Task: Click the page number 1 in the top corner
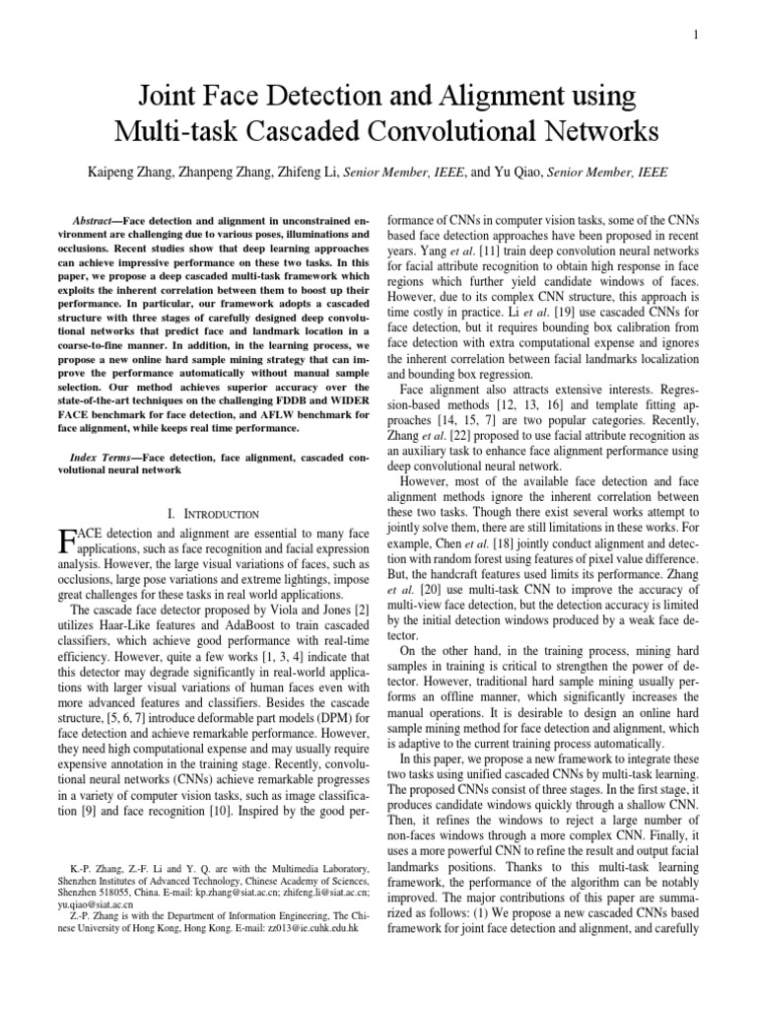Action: pos(696,36)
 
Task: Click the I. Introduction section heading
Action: pos(214,514)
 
